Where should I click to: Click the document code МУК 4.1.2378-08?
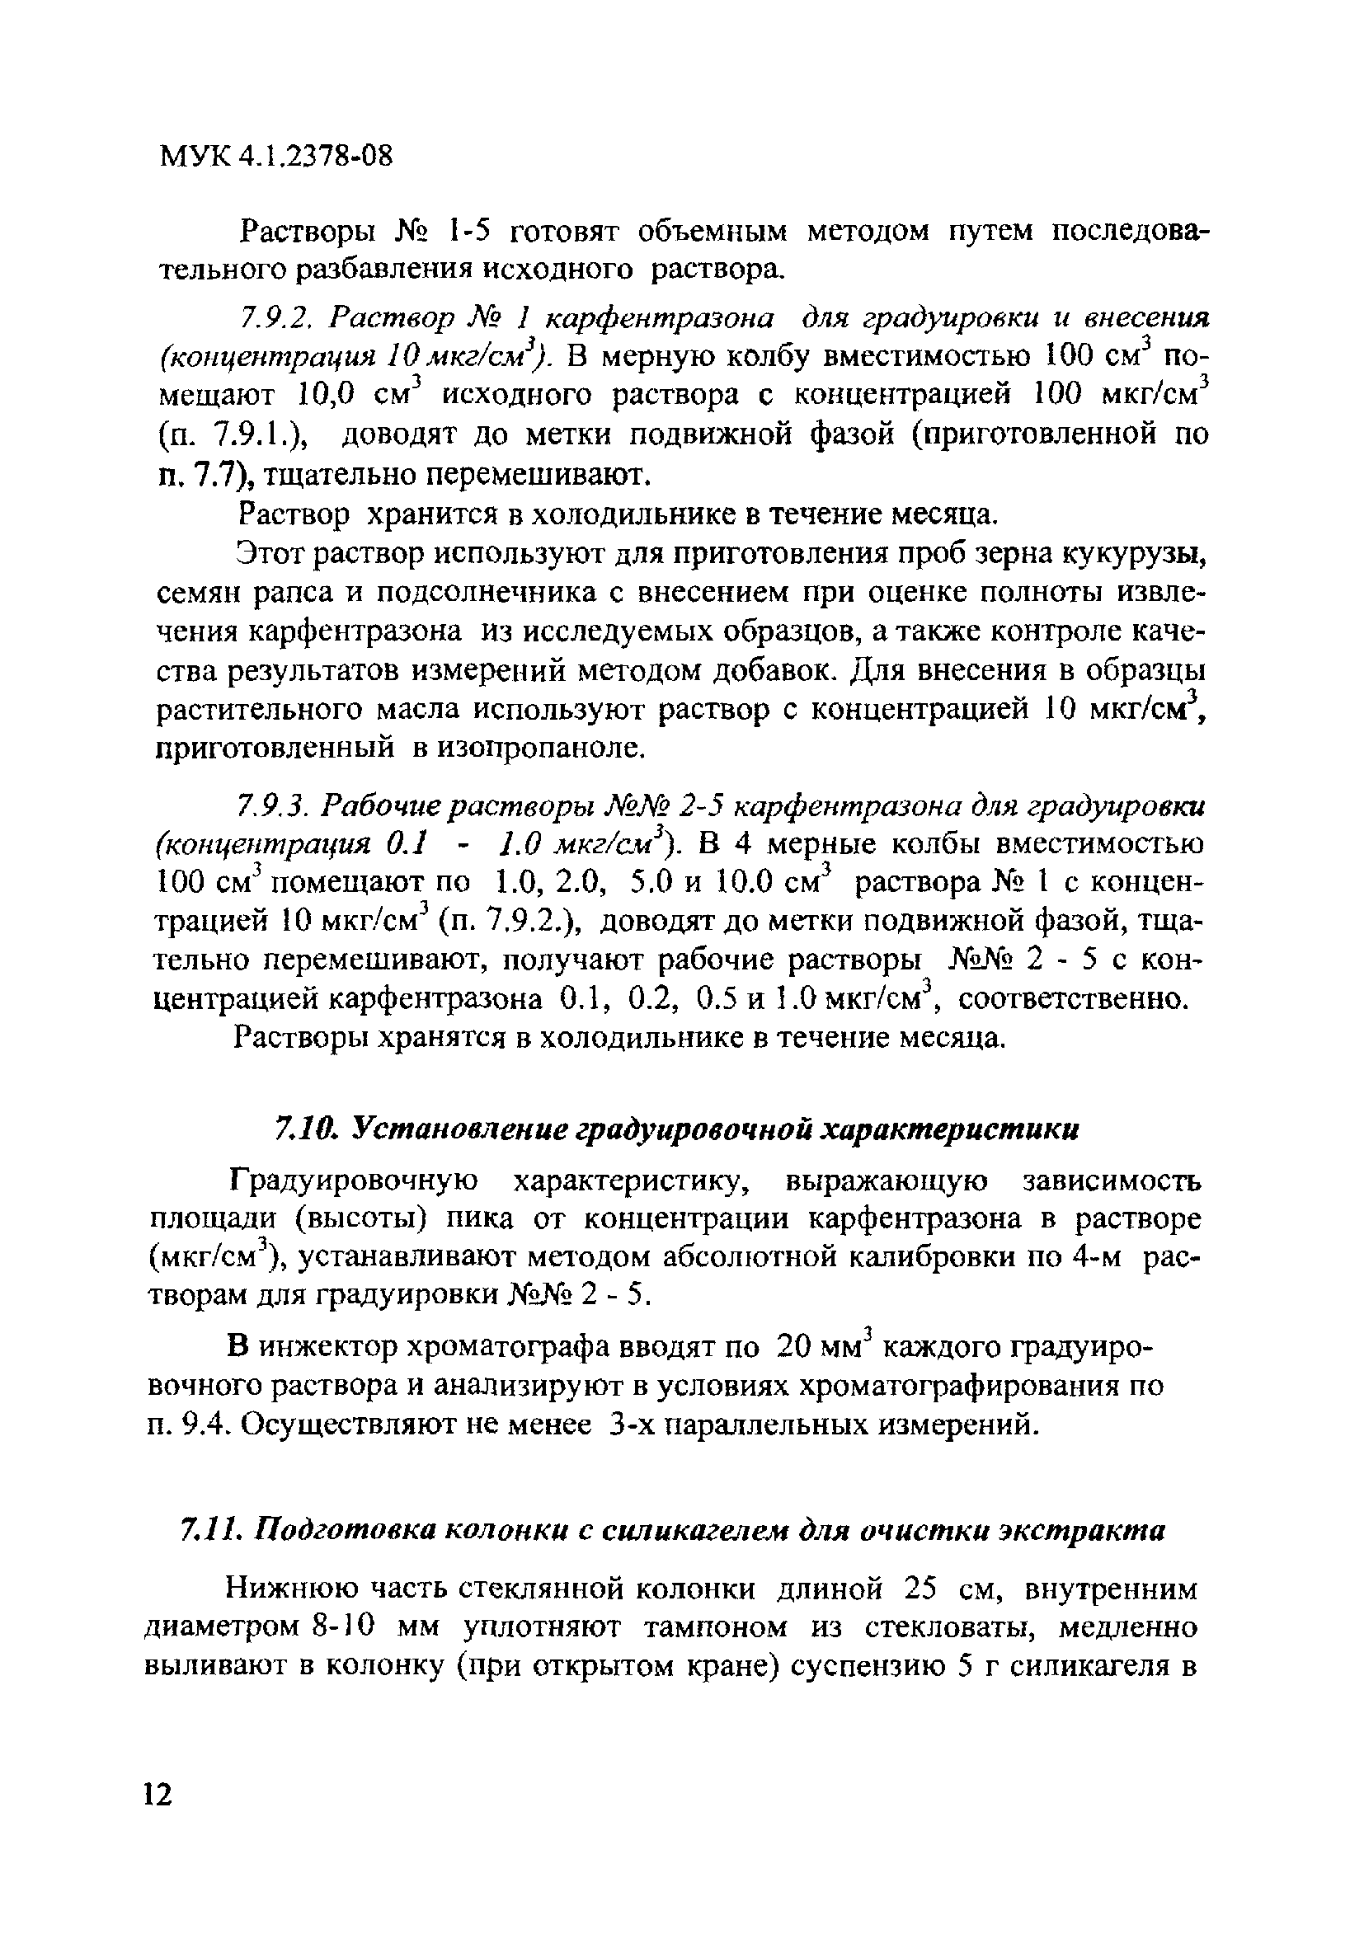tap(276, 157)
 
